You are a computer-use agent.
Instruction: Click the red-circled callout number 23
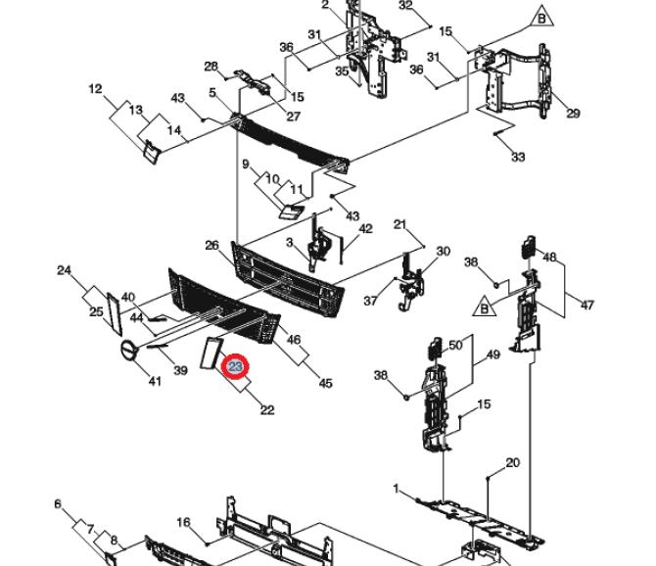pos(236,366)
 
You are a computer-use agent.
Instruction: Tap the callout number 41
pos(155,381)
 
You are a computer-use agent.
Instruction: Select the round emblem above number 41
pos(129,351)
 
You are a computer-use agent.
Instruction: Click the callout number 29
pos(573,114)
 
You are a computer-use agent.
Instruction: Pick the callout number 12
pos(95,89)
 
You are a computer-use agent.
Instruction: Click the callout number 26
pos(211,245)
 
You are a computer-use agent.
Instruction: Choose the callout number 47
pos(587,305)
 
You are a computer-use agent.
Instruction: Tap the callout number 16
pos(183,523)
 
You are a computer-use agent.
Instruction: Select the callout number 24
pos(65,269)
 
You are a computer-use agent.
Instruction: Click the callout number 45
pos(325,383)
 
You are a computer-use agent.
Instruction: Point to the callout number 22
pos(266,409)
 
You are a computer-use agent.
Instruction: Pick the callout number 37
pos(370,301)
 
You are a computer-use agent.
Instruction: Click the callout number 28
pos(211,67)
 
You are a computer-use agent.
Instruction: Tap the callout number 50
pos(455,346)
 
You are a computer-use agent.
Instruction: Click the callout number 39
pos(180,370)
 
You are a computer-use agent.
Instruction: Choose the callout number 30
pos(443,252)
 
